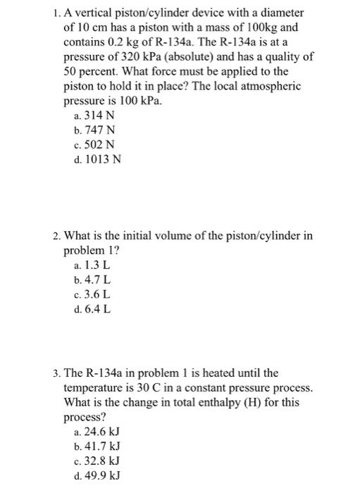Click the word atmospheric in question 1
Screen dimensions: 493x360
(274, 86)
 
